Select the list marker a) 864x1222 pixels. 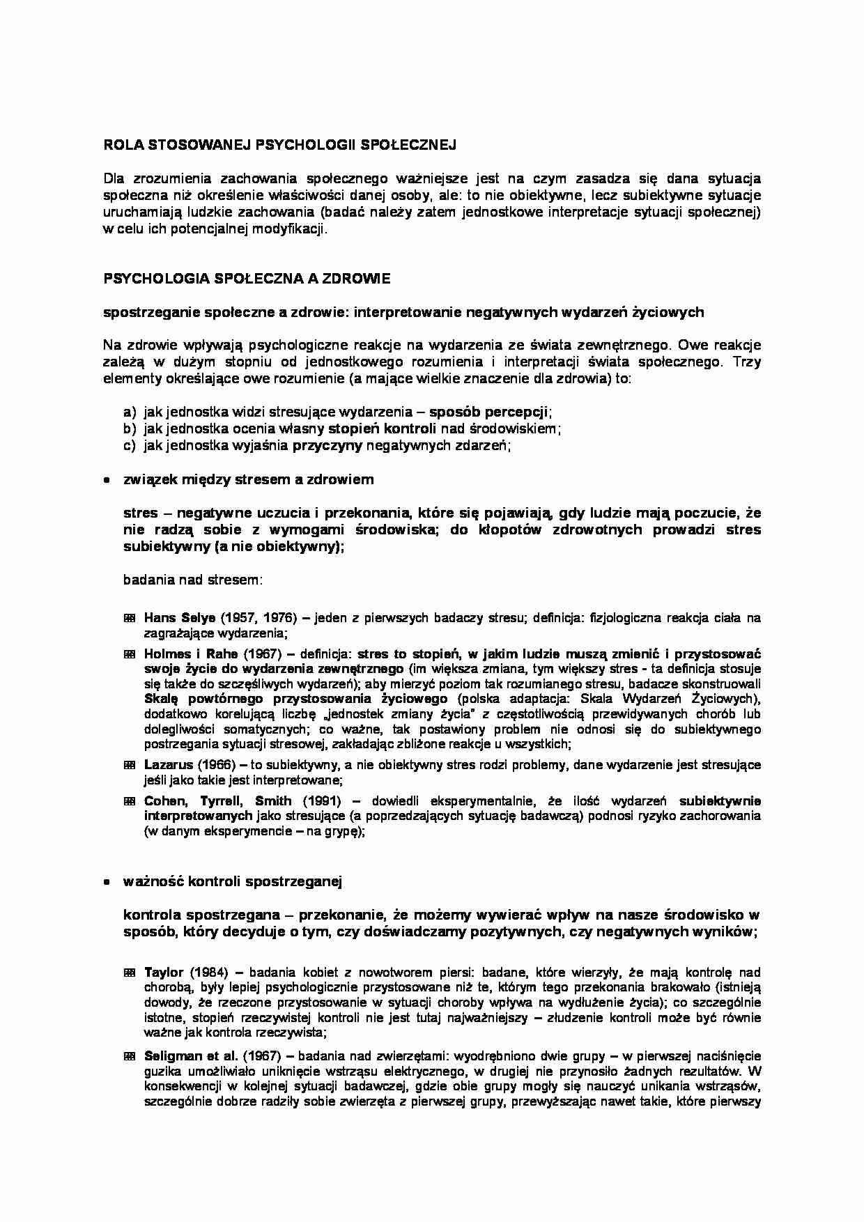tap(130, 413)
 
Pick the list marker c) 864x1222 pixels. tap(130, 447)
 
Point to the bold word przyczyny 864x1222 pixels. tap(327, 447)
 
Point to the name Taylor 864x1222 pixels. tap(164, 973)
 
